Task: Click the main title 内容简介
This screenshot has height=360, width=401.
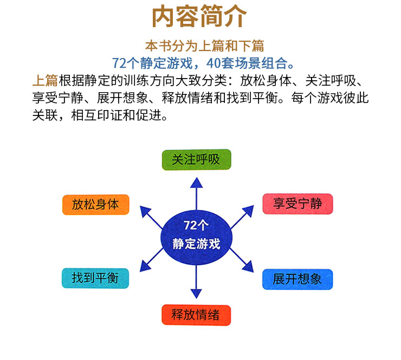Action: pos(199,16)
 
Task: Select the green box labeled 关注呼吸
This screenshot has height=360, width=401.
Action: pos(196,159)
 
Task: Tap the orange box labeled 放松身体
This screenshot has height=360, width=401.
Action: pos(96,205)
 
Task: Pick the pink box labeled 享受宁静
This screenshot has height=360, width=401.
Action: pos(297,204)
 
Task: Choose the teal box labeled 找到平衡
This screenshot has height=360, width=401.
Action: pos(95,278)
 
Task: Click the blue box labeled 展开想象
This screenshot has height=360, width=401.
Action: pos(297,279)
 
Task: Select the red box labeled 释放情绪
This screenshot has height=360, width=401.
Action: pos(196,315)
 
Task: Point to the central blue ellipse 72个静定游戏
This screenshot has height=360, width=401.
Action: pos(196,237)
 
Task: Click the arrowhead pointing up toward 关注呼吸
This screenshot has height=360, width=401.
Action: pos(196,183)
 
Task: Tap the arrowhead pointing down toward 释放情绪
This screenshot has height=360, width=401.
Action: pos(196,293)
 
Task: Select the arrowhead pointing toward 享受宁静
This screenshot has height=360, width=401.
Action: pos(249,210)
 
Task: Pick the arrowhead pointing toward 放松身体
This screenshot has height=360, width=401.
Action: pos(145,211)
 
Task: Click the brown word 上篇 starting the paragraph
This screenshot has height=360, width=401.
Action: pos(46,81)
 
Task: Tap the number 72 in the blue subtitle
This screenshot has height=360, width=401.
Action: pos(119,63)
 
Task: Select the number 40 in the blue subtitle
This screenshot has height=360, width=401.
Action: pos(214,63)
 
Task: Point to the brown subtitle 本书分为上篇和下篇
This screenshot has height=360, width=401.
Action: pos(205,46)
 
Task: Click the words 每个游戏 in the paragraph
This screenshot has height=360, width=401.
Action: pos(317,98)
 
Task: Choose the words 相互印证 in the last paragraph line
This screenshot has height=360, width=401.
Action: pos(96,115)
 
